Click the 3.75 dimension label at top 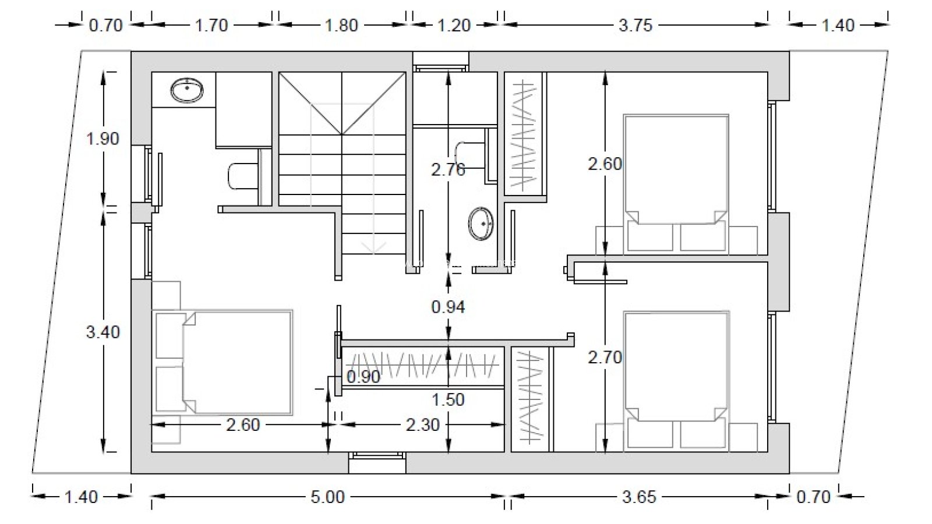(636, 26)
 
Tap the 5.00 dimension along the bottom (328, 497)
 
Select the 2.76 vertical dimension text (448, 169)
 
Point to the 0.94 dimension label (448, 307)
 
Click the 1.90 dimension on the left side (103, 139)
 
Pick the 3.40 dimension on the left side (103, 332)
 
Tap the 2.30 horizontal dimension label (423, 424)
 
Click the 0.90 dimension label (363, 377)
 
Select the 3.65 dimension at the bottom (639, 497)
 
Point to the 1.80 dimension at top (341, 26)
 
